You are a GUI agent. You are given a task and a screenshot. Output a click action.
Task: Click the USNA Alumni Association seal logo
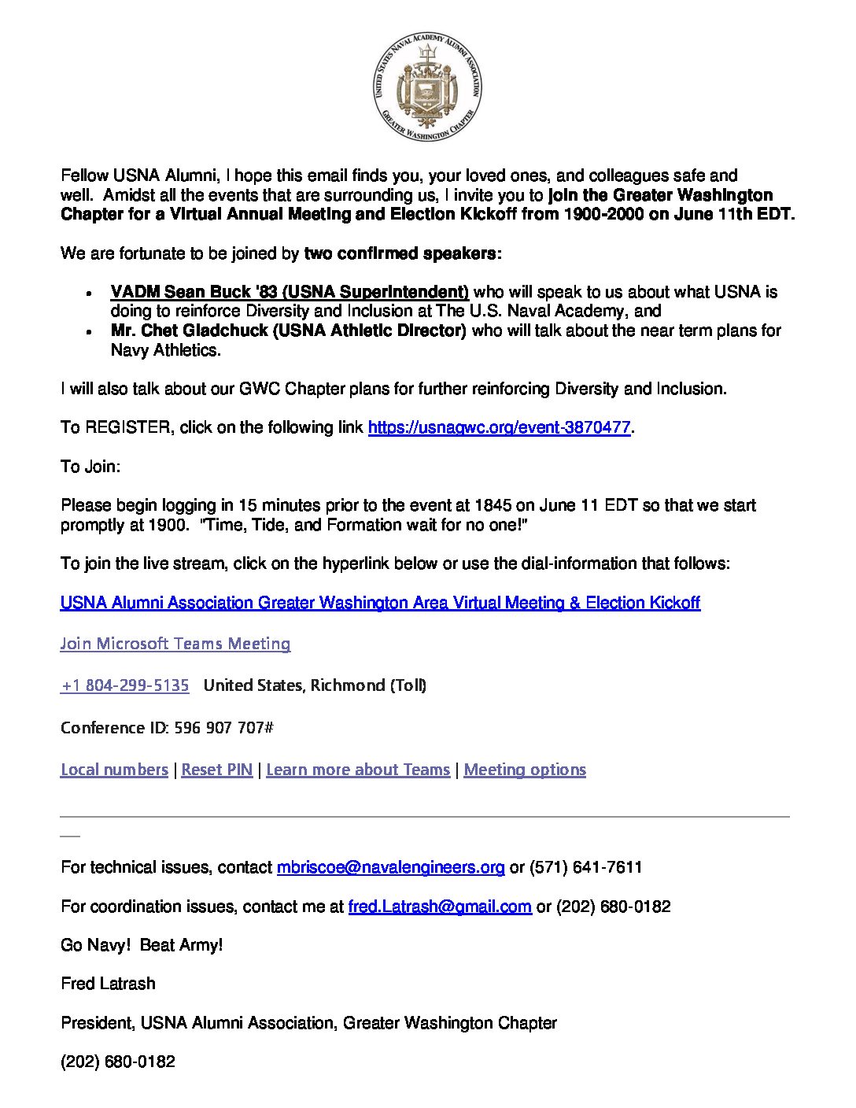click(x=427, y=87)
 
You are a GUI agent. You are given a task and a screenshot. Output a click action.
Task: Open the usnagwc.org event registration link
click(x=499, y=427)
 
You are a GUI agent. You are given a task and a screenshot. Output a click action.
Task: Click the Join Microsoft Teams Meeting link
click(x=175, y=644)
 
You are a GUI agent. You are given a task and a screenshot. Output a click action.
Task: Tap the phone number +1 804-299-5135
click(x=125, y=685)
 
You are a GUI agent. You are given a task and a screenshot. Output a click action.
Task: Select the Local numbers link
click(x=114, y=770)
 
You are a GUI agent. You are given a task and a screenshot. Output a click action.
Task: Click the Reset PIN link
click(x=217, y=770)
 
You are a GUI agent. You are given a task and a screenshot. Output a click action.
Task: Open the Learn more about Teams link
click(x=358, y=770)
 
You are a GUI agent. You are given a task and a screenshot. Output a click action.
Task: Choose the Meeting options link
click(x=525, y=770)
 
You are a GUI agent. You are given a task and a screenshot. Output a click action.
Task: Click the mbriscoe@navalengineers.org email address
click(x=390, y=867)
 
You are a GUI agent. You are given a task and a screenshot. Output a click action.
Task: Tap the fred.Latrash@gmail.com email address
click(x=440, y=907)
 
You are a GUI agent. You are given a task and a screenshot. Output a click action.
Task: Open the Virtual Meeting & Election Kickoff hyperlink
click(x=380, y=603)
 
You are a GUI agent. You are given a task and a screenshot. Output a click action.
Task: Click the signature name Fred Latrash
click(x=108, y=984)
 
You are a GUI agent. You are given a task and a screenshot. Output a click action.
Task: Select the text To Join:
click(x=90, y=467)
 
